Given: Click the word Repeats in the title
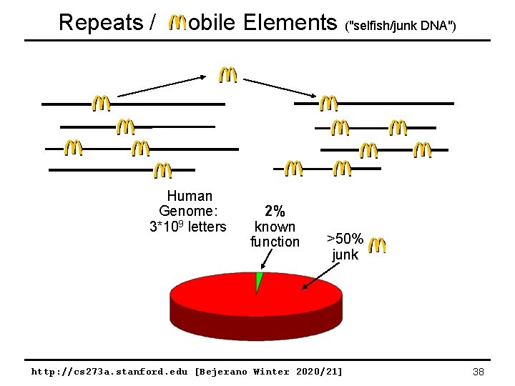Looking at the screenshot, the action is tap(101, 22).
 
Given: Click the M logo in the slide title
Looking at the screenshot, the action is tap(177, 23).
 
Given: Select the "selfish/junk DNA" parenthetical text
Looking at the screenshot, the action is tap(400, 26).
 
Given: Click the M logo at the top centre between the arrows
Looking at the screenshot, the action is tap(227, 74).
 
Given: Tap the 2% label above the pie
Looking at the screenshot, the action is tap(275, 211).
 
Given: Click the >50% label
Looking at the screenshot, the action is tap(345, 238).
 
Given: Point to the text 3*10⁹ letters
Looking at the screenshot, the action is tap(187, 227).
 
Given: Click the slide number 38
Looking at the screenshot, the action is tap(479, 372).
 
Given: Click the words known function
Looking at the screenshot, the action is tap(275, 234).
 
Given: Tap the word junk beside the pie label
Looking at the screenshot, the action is tap(345, 254).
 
